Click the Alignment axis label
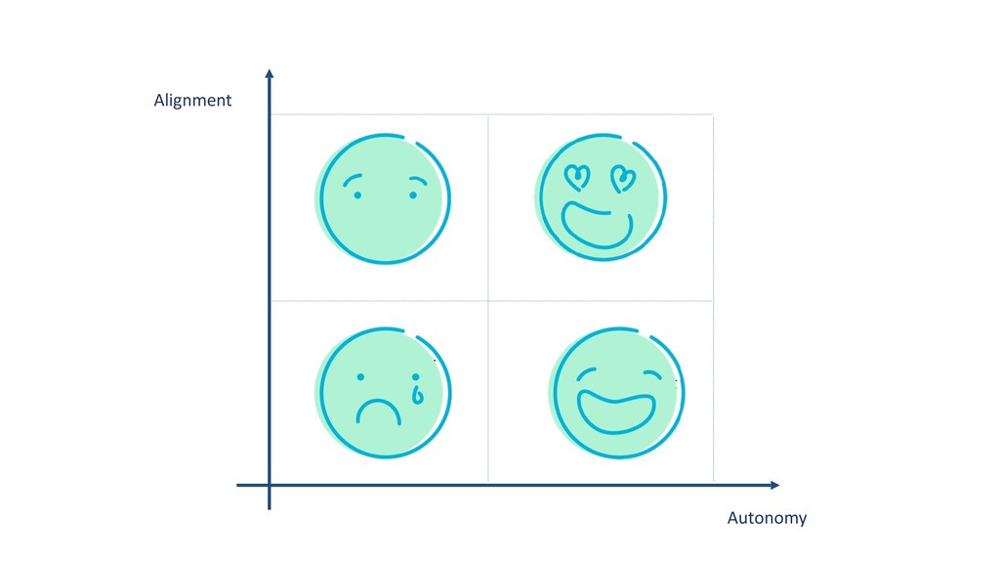click(x=192, y=101)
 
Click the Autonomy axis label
click(x=767, y=518)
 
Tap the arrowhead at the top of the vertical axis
click(x=270, y=73)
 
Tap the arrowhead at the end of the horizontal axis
click(x=774, y=485)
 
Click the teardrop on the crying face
click(x=418, y=396)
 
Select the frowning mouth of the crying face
click(x=379, y=412)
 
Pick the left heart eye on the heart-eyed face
click(x=577, y=178)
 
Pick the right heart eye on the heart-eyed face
click(x=623, y=179)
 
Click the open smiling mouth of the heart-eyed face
click(x=597, y=226)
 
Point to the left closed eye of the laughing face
click(x=586, y=373)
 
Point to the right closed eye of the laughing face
click(x=653, y=374)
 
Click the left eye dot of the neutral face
click(x=357, y=195)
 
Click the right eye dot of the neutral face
click(x=413, y=195)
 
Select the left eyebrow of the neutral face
click(x=352, y=180)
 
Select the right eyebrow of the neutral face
click(x=418, y=181)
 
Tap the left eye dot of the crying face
click(x=361, y=377)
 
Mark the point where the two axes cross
click(x=270, y=485)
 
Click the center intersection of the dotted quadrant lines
click(x=488, y=301)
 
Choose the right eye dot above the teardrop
click(x=416, y=377)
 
